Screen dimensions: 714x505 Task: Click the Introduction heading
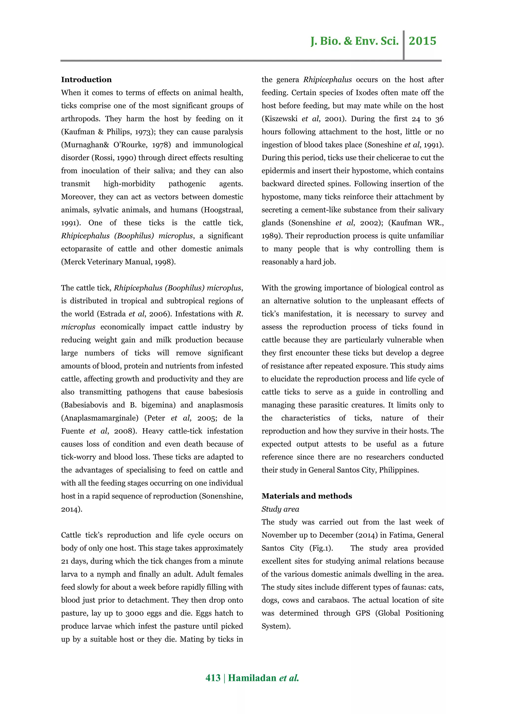[x=86, y=80]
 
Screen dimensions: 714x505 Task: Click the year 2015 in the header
[x=422, y=41]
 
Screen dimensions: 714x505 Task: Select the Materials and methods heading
[x=307, y=496]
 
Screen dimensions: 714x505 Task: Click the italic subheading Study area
[x=280, y=509]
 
